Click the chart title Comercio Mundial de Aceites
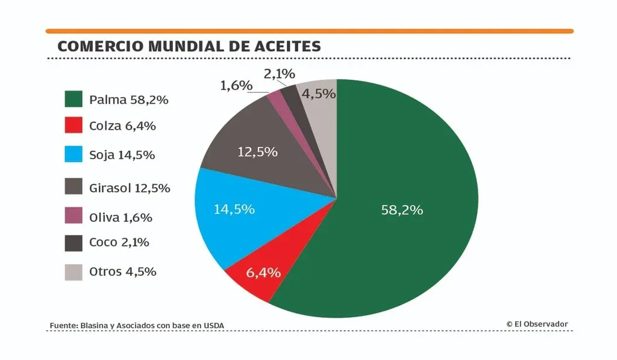tap(189, 46)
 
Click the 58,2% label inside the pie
tap(402, 210)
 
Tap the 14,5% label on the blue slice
tap(234, 209)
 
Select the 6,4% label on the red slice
tap(263, 272)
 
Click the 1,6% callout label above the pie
tap(236, 86)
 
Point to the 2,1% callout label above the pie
tap(279, 74)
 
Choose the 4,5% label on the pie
tap(318, 93)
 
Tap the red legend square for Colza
tap(74, 126)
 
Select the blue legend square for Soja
tap(74, 154)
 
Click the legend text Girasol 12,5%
tap(130, 188)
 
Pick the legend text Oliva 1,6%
tap(121, 217)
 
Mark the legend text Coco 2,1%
tap(119, 242)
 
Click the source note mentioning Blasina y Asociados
tap(136, 326)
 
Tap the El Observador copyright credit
tap(537, 324)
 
